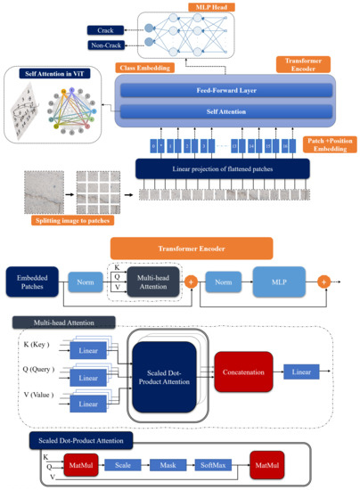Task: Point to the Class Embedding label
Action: point(149,68)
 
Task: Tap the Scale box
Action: point(124,465)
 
